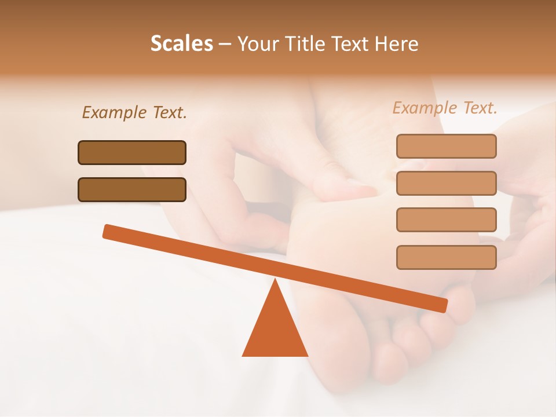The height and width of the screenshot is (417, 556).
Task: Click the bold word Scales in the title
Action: click(x=182, y=44)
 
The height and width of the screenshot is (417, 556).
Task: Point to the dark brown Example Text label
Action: click(x=134, y=112)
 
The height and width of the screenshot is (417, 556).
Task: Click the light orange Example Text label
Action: click(x=445, y=108)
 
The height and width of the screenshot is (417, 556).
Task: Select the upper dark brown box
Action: click(x=132, y=152)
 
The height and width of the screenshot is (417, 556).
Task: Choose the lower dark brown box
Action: click(x=132, y=189)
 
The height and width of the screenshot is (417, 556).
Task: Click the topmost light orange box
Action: click(x=446, y=146)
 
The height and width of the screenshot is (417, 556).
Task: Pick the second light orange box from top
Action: click(x=446, y=183)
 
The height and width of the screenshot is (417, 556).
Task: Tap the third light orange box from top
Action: click(x=446, y=220)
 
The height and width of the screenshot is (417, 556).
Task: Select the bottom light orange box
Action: click(x=446, y=257)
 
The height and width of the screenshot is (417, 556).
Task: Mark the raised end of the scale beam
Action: click(x=108, y=231)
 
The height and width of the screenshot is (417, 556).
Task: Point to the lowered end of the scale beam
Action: click(x=442, y=305)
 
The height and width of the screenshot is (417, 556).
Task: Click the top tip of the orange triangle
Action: click(x=275, y=280)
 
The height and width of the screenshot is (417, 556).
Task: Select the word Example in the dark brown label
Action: click(x=114, y=112)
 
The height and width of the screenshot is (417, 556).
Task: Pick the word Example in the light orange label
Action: click(x=425, y=108)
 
